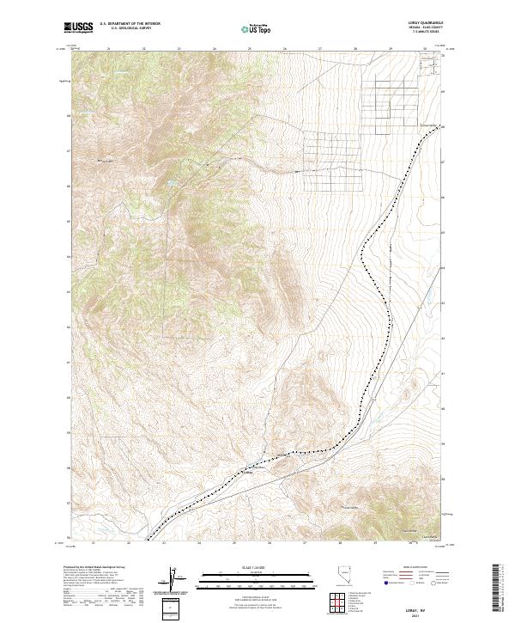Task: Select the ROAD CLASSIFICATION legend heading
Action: (415, 569)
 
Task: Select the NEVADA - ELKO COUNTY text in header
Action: (421, 29)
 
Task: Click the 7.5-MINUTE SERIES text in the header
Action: (421, 34)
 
